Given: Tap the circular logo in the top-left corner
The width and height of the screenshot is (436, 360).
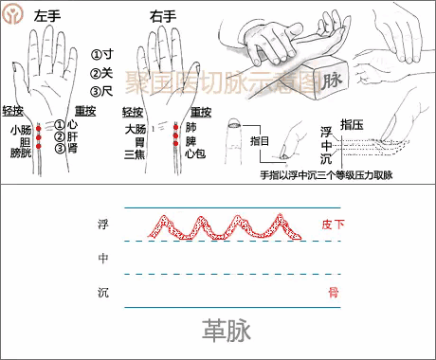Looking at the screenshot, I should point(13,13).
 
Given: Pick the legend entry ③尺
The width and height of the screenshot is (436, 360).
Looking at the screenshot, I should point(101,93).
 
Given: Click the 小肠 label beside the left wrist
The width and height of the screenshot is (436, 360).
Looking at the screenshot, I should point(20,130).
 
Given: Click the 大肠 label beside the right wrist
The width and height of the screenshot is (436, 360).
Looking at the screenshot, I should point(135,128).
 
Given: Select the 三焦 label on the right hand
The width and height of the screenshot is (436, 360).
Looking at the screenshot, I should point(135,153).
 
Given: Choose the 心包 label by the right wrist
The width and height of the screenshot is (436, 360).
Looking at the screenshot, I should point(196,153).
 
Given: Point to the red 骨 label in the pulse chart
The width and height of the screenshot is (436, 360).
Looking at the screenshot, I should point(333,292).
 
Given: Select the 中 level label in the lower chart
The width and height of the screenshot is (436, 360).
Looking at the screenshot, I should point(102,259).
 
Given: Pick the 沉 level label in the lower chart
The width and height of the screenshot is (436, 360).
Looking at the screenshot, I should point(102,293).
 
